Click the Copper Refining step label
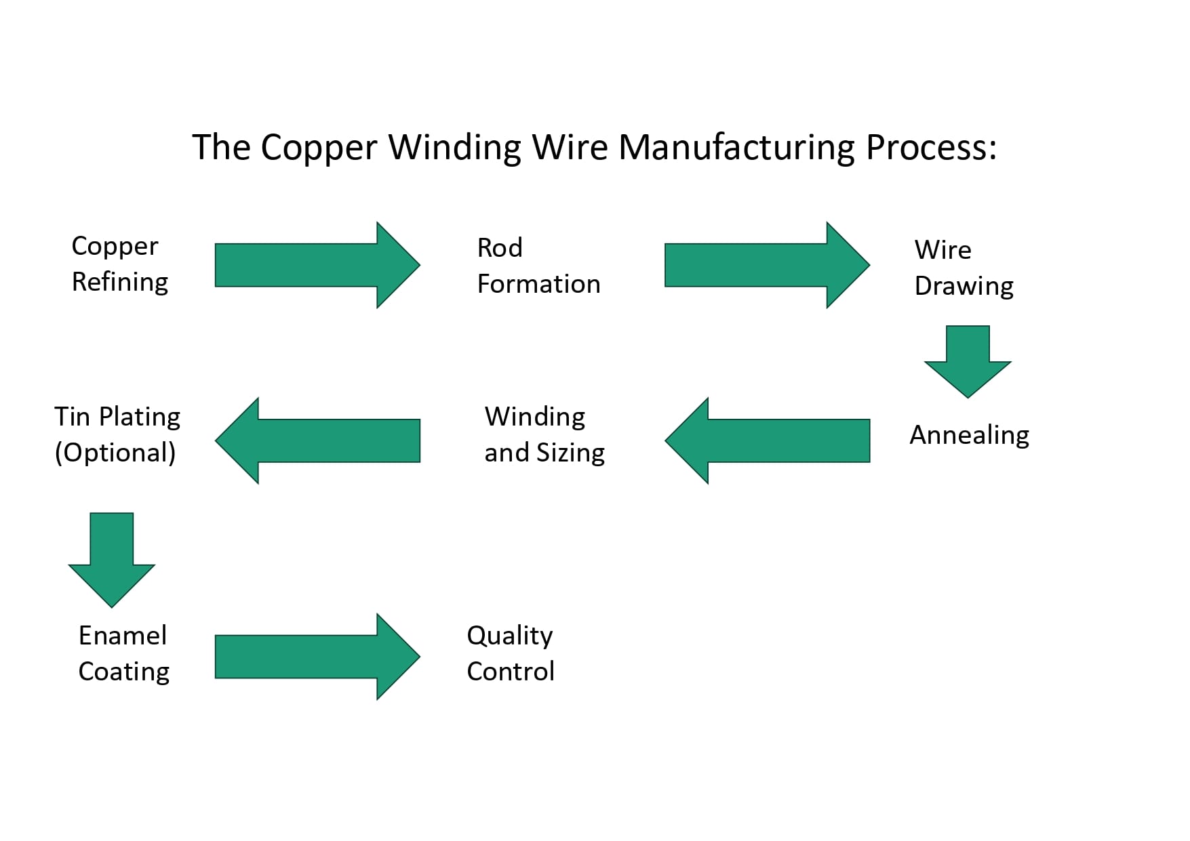119,264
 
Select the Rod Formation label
538,266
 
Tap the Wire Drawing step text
963,268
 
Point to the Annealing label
969,435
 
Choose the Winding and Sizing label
544,434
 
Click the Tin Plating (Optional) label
117,434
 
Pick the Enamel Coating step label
123,653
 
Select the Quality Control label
510,653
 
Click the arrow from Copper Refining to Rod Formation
317,265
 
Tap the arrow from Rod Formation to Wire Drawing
766,265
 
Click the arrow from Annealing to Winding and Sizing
768,440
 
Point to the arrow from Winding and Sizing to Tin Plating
317,440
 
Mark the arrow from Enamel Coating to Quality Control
317,657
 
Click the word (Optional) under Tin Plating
115,453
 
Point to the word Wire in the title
570,147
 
